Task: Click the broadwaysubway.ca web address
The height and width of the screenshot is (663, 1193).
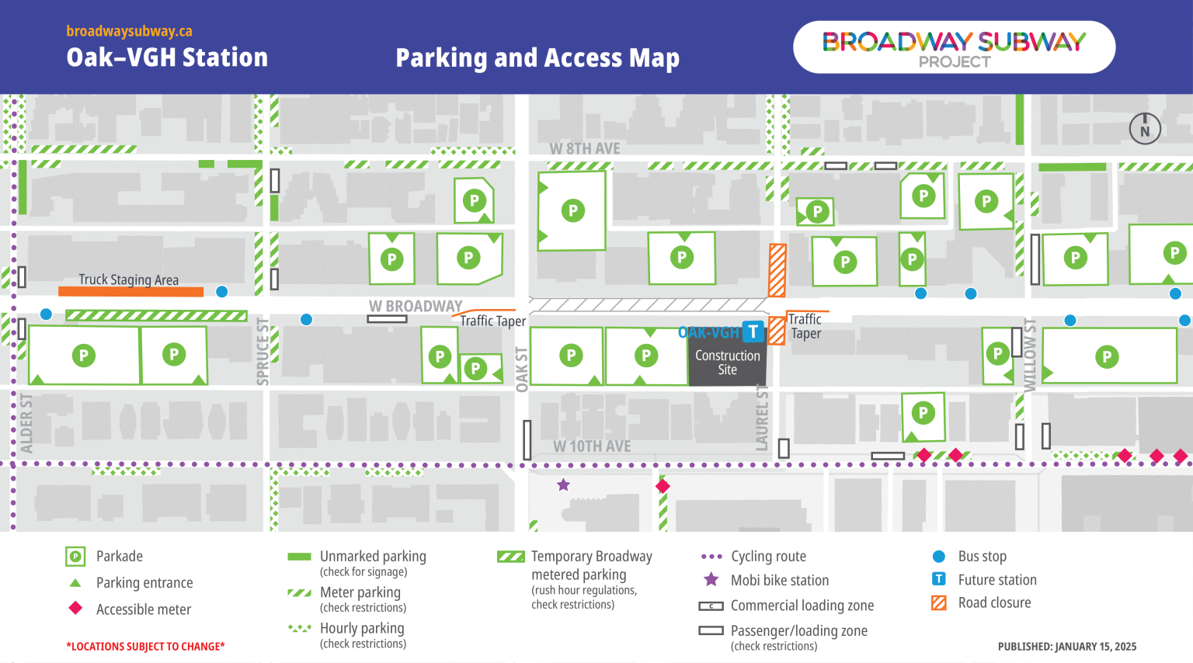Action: (129, 31)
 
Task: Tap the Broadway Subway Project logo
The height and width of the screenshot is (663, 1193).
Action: (954, 47)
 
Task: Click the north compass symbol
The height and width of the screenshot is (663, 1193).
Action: (1144, 129)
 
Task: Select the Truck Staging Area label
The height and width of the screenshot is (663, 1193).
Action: (128, 279)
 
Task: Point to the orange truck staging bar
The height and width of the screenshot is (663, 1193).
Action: (130, 292)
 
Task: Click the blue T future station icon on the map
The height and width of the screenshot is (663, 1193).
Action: (753, 331)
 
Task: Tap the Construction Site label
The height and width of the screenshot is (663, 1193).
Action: (727, 363)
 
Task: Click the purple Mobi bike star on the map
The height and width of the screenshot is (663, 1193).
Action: (563, 485)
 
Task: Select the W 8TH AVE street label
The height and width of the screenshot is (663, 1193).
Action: (585, 148)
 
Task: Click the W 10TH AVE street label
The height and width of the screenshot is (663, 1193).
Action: (592, 446)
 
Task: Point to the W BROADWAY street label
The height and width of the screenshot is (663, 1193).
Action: (416, 307)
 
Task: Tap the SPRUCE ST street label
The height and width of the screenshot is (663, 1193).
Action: (263, 352)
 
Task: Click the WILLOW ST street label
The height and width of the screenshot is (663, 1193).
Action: (1030, 354)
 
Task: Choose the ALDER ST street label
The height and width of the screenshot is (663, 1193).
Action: (26, 423)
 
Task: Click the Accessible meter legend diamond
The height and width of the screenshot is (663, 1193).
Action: (75, 608)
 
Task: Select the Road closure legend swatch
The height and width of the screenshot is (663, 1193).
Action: (939, 602)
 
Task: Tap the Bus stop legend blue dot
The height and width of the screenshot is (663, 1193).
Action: (939, 556)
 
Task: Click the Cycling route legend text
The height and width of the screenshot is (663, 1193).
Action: (768, 556)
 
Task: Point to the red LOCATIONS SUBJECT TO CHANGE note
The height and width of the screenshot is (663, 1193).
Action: (145, 646)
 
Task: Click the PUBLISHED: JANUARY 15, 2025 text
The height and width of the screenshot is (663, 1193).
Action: (1066, 646)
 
